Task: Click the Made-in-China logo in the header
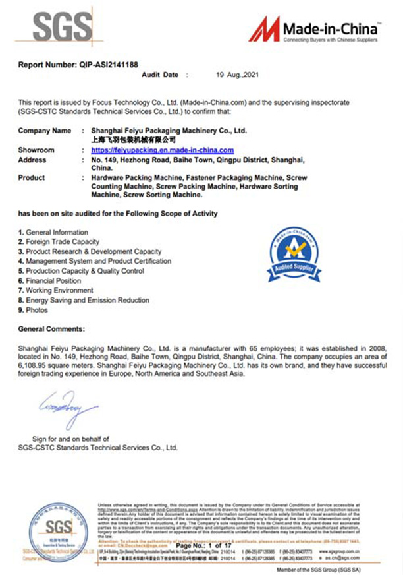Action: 313,30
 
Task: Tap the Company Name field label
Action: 45,131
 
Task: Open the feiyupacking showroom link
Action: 163,150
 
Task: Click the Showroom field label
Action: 36,150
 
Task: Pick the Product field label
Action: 32,177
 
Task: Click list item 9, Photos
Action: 33,310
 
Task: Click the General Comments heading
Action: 51,328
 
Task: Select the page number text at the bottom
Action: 201,547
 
